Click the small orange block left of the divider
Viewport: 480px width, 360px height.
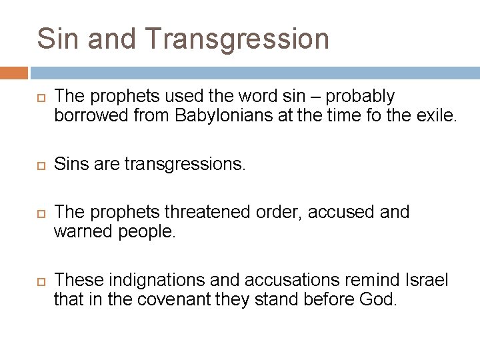tap(14, 73)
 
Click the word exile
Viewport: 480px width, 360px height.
tap(437, 115)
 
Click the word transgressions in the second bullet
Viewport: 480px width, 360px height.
tap(185, 164)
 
